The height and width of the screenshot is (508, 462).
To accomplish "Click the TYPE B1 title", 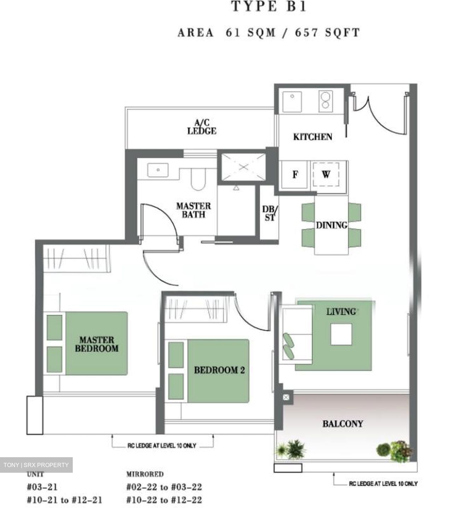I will tap(268, 7).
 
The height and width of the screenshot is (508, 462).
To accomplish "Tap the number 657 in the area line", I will tap(306, 32).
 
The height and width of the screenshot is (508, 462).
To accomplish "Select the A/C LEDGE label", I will tap(202, 127).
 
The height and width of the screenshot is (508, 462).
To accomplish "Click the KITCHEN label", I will tap(313, 137).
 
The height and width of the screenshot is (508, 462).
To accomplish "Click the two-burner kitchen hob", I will tap(325, 100).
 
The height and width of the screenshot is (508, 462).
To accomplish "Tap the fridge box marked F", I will tap(295, 174).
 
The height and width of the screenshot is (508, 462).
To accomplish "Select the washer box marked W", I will tap(326, 174).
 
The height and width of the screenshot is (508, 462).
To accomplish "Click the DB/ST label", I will tap(270, 213).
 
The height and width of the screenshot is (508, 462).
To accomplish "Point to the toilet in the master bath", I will tap(198, 179).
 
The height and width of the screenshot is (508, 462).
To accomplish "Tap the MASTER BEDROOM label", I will tap(96, 344).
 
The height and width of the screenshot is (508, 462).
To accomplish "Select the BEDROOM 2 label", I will tap(219, 370).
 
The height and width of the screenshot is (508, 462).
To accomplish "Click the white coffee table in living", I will tap(341, 334).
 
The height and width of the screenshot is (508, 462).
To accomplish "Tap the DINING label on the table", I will tap(331, 225).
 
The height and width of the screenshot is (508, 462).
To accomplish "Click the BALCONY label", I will tap(342, 423).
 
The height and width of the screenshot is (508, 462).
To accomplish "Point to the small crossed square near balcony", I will tap(286, 398).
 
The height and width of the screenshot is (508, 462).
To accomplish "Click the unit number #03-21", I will tap(42, 487).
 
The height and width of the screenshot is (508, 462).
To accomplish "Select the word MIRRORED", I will tap(145, 474).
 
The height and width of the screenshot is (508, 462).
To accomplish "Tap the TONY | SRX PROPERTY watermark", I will tap(36, 465).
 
